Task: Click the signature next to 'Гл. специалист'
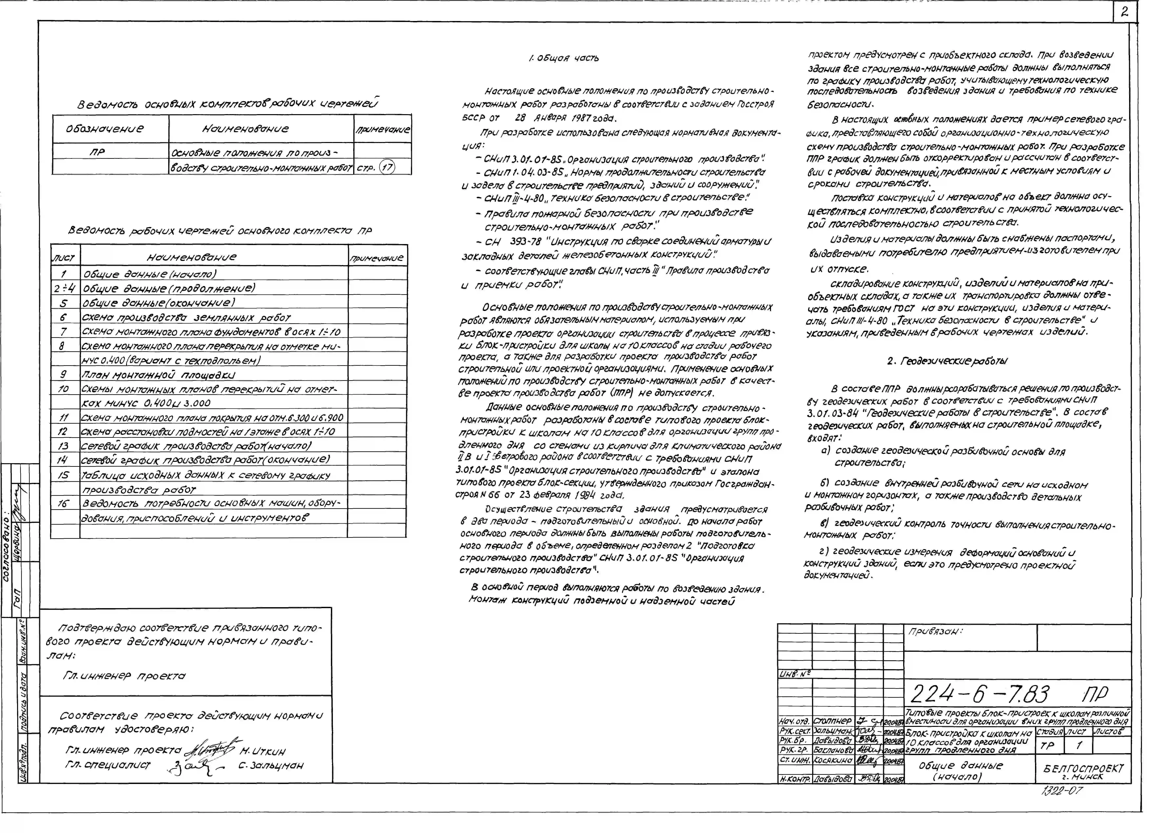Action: (194, 766)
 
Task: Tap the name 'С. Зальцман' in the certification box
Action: (270, 766)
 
